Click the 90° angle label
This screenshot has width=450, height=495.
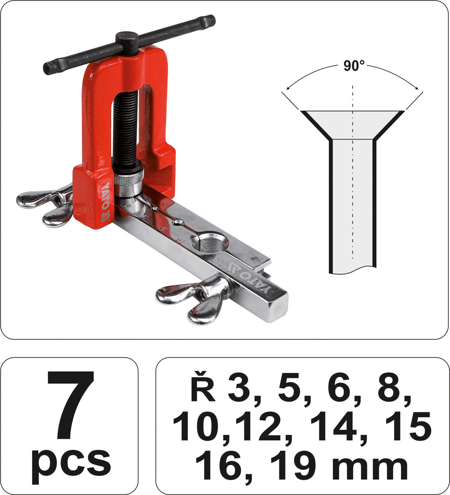point(354,66)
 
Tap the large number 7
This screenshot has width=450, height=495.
point(71,405)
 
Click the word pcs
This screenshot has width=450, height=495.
point(71,463)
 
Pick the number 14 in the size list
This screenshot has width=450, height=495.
point(335,427)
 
